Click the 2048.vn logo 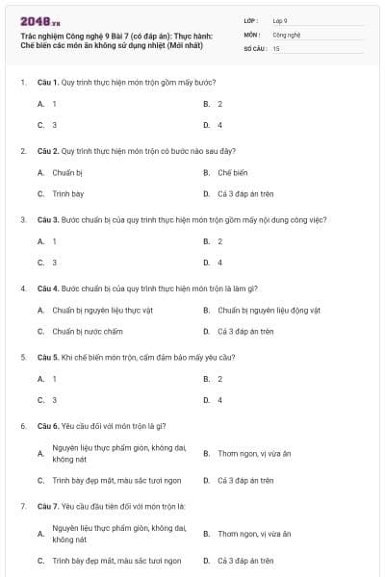(x=40, y=20)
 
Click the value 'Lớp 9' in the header (x=280, y=19)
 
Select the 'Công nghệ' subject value (x=287, y=34)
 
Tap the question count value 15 (x=276, y=48)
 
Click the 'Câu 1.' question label (x=48, y=83)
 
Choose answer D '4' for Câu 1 (x=219, y=125)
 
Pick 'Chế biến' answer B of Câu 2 (x=232, y=172)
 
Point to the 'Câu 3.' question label (x=48, y=219)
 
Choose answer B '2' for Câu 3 (x=219, y=240)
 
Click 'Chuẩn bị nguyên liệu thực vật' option (x=100, y=310)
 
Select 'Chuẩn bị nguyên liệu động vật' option (x=269, y=310)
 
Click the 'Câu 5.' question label (x=48, y=357)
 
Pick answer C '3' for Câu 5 (x=54, y=399)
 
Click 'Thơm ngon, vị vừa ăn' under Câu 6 (x=253, y=453)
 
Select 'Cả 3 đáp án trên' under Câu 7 (x=245, y=560)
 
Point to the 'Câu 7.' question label (x=48, y=505)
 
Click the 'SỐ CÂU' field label (x=255, y=48)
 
